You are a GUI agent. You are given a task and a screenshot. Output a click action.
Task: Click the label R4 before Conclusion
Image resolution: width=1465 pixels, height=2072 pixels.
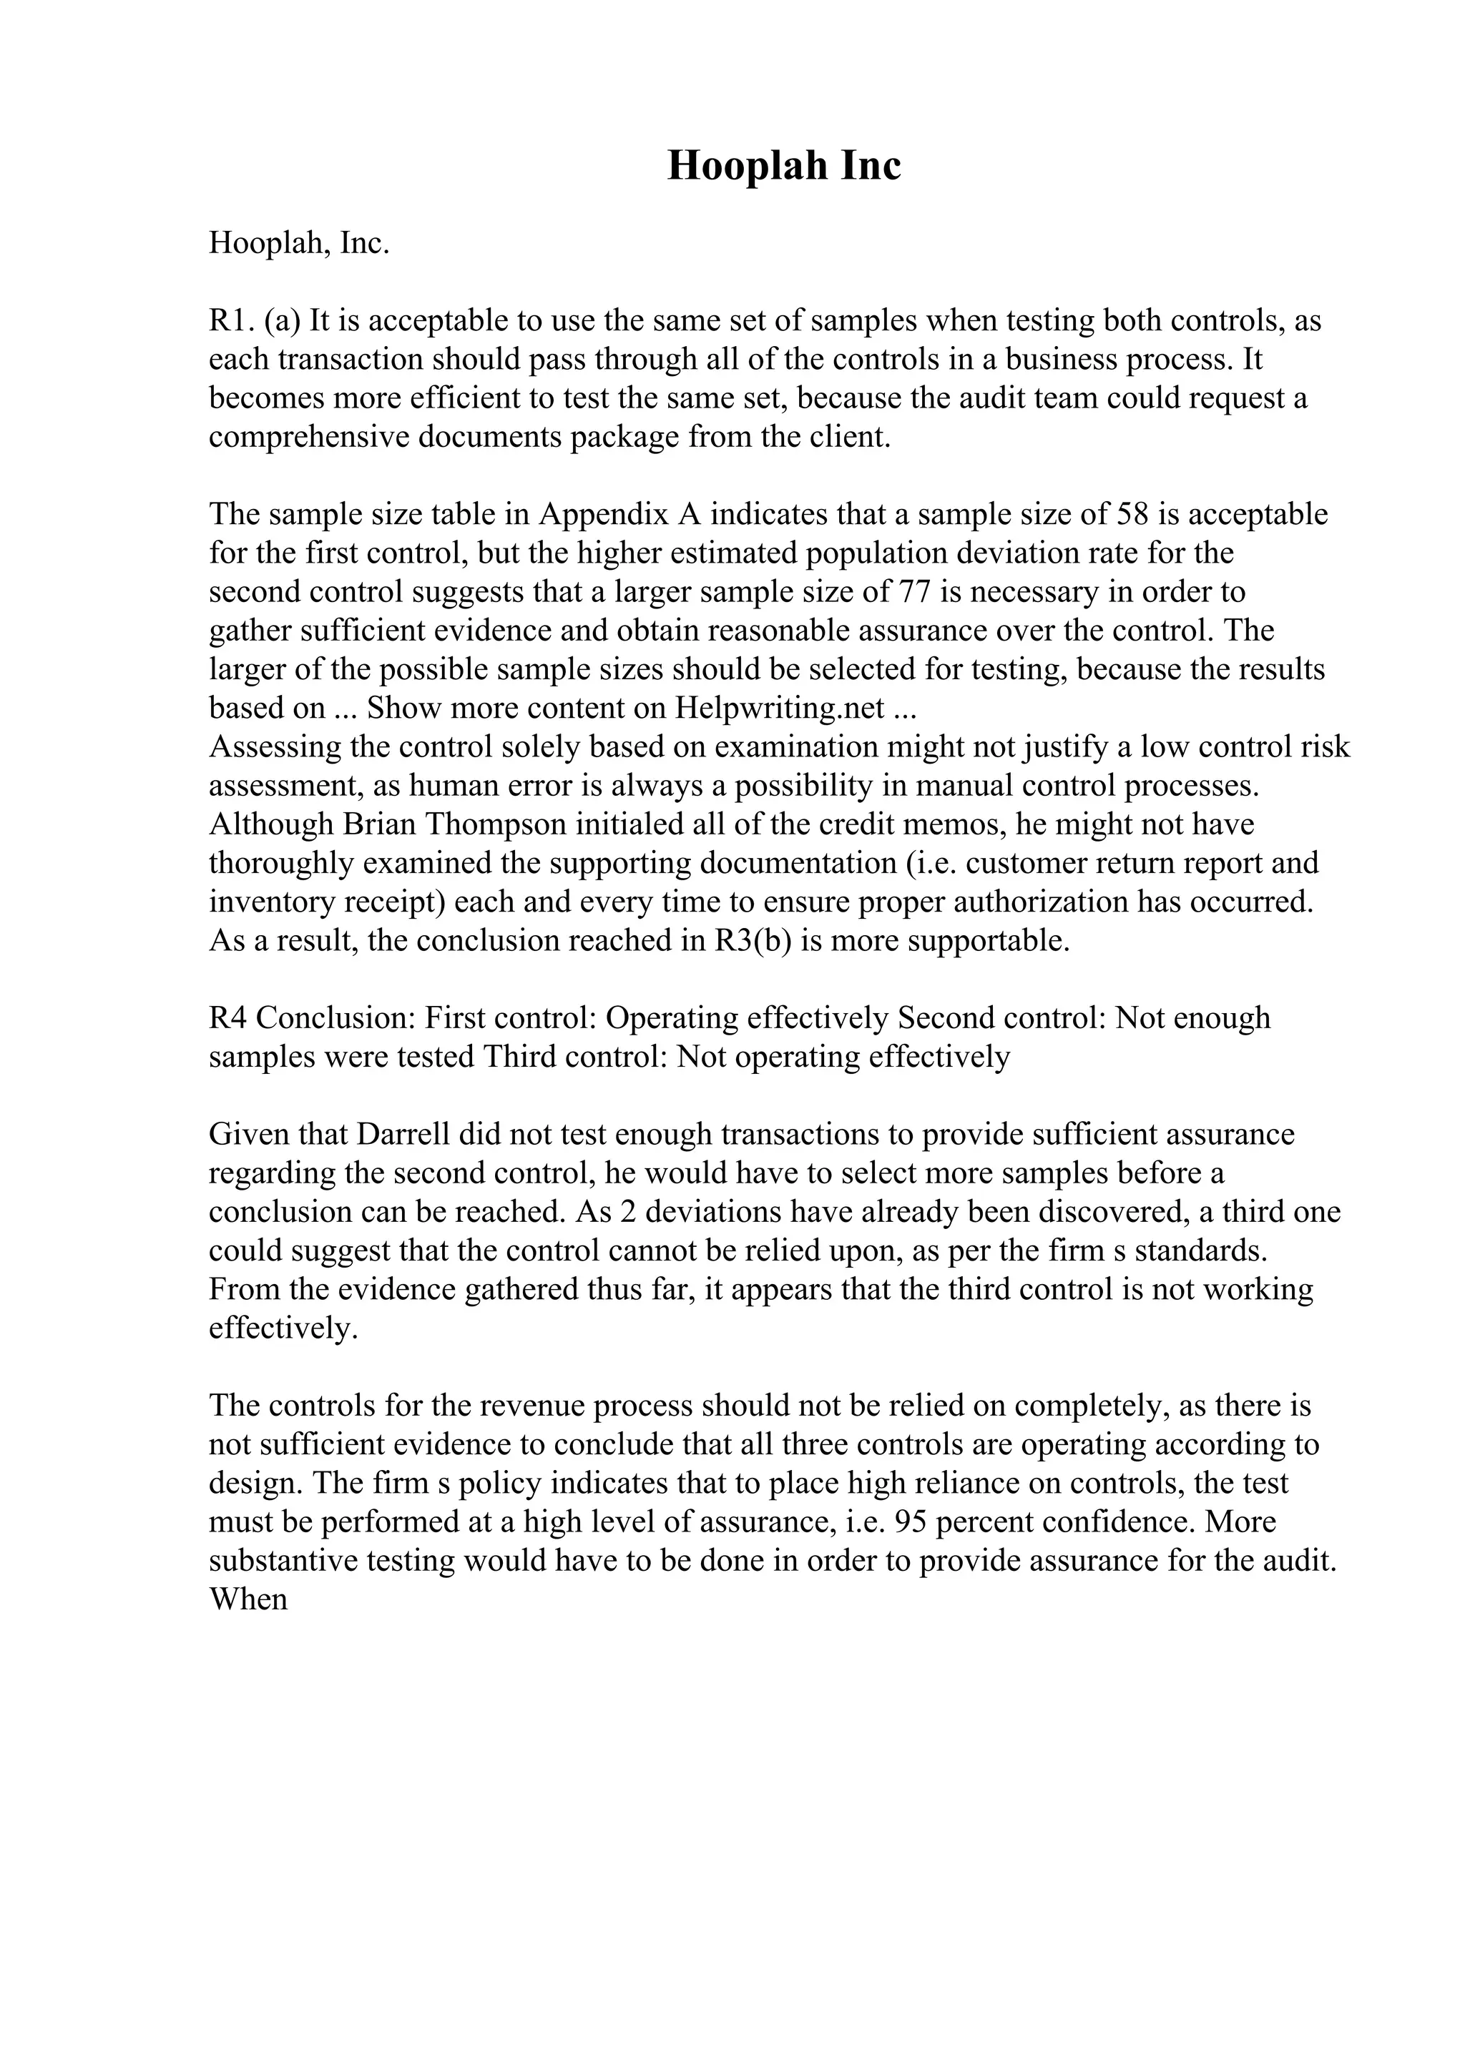227,1019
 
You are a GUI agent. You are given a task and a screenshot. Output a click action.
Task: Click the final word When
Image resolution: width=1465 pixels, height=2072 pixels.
248,1600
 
